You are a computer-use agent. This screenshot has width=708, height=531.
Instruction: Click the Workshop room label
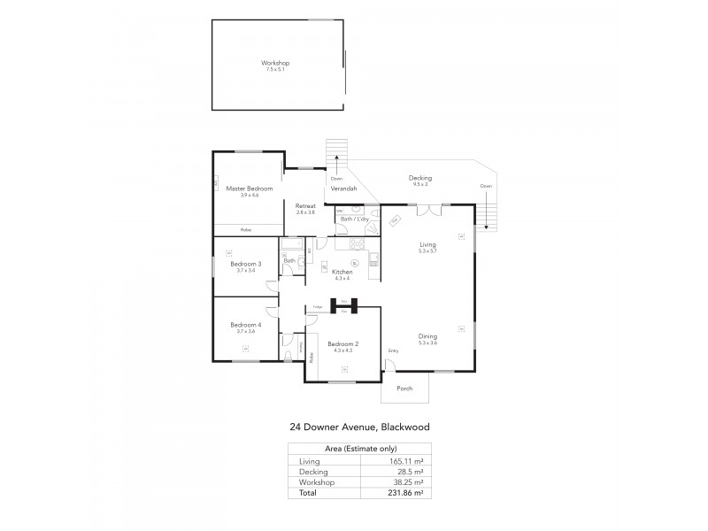(x=275, y=63)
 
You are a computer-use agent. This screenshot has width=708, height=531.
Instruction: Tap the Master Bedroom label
(x=249, y=189)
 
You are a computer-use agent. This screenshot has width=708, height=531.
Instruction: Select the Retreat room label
(x=306, y=206)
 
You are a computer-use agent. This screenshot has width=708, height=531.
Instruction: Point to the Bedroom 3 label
(x=246, y=264)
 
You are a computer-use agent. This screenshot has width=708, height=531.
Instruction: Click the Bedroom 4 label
(x=246, y=325)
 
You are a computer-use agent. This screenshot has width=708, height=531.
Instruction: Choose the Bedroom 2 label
(x=342, y=343)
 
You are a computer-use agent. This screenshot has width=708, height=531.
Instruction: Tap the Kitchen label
(x=341, y=272)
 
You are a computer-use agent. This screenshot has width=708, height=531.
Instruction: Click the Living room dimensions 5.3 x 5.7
(x=428, y=251)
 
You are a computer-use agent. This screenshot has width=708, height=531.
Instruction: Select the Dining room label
(x=428, y=335)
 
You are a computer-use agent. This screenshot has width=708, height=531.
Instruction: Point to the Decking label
(x=420, y=178)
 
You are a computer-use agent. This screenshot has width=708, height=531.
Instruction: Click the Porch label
(x=404, y=388)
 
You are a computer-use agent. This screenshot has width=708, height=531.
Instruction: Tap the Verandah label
(x=343, y=189)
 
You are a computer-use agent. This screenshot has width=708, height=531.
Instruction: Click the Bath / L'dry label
(x=353, y=219)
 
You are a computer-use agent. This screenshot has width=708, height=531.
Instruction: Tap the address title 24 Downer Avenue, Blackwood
(x=359, y=426)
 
